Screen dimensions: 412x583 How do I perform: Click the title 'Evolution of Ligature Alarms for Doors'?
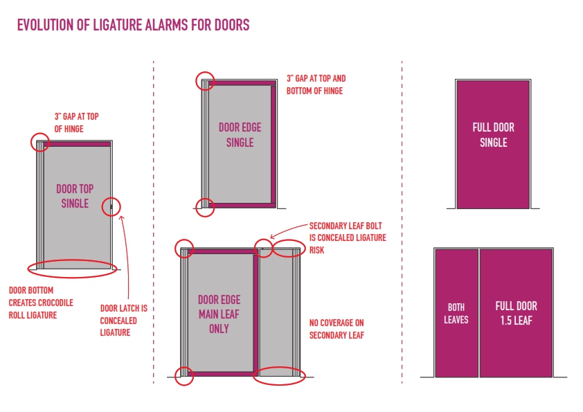(x=133, y=26)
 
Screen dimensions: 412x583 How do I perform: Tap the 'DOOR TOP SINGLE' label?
(x=75, y=196)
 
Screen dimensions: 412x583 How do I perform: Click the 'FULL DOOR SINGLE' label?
(x=493, y=135)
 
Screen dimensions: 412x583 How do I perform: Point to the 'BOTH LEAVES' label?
(x=456, y=313)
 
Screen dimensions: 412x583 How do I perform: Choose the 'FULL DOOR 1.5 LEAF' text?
(x=516, y=313)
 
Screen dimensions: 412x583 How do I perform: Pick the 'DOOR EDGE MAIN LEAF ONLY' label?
(x=219, y=314)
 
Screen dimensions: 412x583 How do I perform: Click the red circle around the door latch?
(x=112, y=206)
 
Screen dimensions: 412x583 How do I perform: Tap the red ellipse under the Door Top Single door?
(x=71, y=268)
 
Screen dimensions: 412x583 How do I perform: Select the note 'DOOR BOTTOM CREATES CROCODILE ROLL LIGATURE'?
(x=41, y=303)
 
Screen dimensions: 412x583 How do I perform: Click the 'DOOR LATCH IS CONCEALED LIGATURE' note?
(x=118, y=320)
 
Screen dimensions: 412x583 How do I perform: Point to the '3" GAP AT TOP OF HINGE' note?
(x=76, y=123)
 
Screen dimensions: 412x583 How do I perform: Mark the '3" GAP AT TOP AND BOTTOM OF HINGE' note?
(x=316, y=85)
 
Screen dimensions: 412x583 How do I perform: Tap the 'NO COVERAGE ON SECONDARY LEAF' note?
(x=337, y=329)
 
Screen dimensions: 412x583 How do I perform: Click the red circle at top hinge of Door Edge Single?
(x=205, y=80)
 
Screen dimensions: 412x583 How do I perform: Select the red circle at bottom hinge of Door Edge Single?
(x=205, y=207)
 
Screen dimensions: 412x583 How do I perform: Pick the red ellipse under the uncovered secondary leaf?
(x=280, y=376)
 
